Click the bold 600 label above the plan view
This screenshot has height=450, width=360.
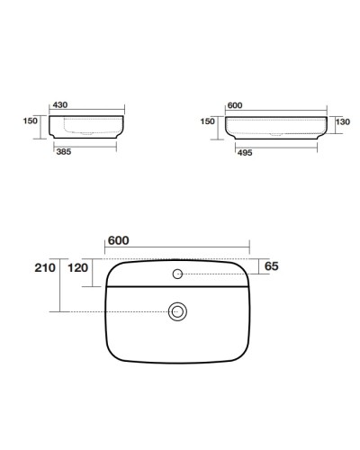point(120,240)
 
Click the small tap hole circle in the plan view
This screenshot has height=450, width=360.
point(177,273)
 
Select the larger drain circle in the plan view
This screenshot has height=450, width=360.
point(177,311)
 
